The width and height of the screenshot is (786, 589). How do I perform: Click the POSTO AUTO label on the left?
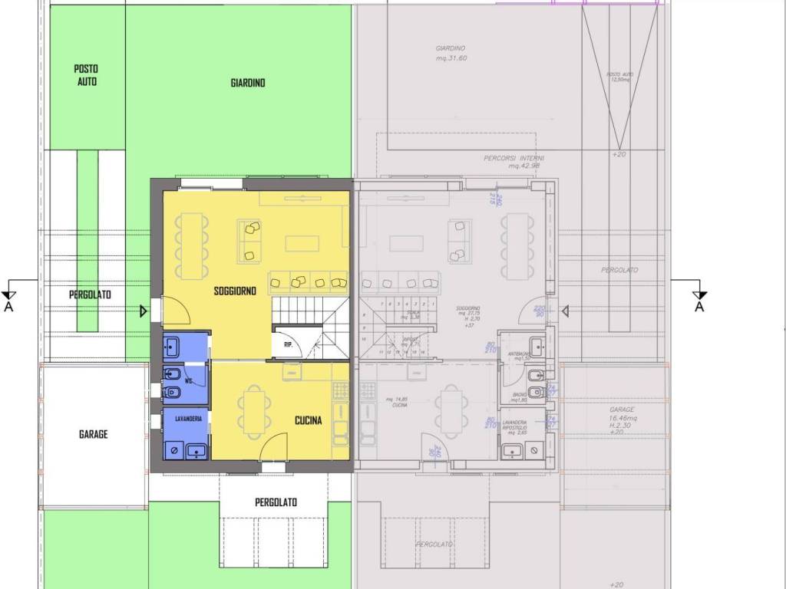click(x=87, y=74)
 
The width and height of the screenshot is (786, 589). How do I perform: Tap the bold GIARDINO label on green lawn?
click(x=248, y=83)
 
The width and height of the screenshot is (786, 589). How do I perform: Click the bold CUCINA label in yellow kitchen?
click(x=309, y=420)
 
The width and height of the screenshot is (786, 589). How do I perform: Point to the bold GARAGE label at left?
click(x=94, y=434)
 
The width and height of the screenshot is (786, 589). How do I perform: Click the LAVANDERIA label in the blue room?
click(x=188, y=419)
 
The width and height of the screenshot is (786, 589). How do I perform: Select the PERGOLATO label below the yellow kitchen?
click(x=276, y=503)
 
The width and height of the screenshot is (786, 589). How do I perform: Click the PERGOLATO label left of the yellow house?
click(x=90, y=294)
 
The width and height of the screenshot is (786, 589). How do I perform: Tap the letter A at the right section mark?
click(x=699, y=307)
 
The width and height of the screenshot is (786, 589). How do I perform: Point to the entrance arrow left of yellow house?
click(x=144, y=311)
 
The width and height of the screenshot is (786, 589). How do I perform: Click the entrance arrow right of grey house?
click(x=564, y=311)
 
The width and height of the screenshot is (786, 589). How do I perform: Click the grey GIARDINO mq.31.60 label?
click(x=451, y=53)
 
